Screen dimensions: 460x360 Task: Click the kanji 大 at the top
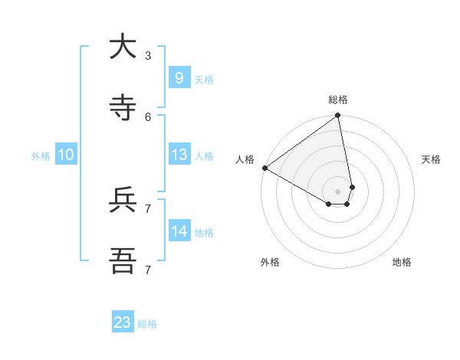(x=123, y=47)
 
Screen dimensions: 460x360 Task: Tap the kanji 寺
(x=123, y=108)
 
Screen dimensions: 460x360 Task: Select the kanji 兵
(x=123, y=200)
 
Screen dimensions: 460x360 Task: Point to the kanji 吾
(x=123, y=261)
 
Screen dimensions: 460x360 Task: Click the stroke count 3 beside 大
(x=148, y=55)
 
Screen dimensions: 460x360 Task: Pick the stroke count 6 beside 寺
(x=148, y=116)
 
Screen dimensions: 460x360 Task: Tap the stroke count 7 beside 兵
(x=148, y=208)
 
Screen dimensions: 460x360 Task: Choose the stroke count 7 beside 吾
(x=148, y=270)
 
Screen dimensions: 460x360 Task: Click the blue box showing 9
(x=179, y=77)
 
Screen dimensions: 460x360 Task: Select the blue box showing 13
(x=179, y=155)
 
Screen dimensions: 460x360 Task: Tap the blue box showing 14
(x=179, y=231)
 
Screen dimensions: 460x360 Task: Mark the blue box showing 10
(x=66, y=155)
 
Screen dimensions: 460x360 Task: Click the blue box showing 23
(x=123, y=322)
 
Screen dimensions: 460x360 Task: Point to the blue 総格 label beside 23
(x=147, y=324)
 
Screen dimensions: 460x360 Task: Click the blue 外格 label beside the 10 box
(x=41, y=156)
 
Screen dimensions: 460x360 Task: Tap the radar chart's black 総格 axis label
(x=338, y=100)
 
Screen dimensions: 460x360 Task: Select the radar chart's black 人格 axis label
(x=245, y=159)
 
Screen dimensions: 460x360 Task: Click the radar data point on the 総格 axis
(x=338, y=116)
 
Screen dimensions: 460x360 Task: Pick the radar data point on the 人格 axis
(x=264, y=168)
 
